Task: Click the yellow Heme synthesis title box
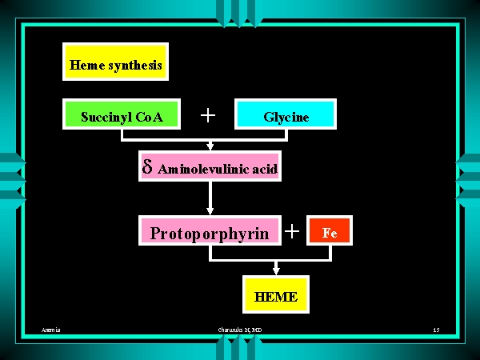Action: point(115,63)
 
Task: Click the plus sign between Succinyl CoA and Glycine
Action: point(208,115)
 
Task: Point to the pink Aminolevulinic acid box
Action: point(210,167)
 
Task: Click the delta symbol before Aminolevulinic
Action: point(147,167)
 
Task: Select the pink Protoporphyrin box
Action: point(210,233)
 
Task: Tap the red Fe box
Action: point(329,233)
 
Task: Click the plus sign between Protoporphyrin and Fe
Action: point(292,232)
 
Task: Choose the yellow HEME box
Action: point(276,297)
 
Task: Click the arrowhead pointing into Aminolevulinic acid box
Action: point(210,147)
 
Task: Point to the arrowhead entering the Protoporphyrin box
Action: point(210,211)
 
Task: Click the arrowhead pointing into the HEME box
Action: point(276,274)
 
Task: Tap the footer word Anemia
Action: point(52,330)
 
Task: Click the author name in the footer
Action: point(240,330)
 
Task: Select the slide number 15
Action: point(436,330)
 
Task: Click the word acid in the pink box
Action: point(264,169)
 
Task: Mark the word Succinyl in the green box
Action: point(106,117)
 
